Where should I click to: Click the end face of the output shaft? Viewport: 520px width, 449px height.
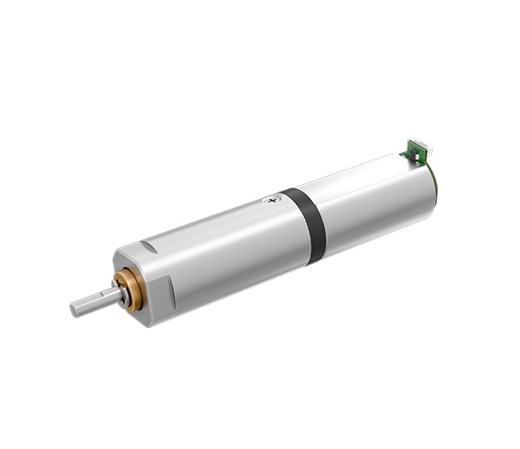pyautogui.click(x=76, y=310)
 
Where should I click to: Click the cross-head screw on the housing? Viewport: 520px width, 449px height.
pyautogui.click(x=269, y=197)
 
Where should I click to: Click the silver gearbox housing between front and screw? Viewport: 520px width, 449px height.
pyautogui.click(x=220, y=247)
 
